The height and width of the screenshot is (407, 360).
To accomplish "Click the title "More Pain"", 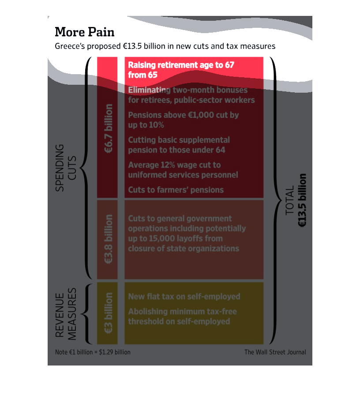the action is (85, 32).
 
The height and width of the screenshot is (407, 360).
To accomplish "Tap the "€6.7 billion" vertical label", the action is (109, 128).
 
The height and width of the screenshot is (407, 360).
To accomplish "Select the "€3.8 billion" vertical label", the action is (109, 239).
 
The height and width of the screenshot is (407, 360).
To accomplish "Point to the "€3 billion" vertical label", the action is (109, 313).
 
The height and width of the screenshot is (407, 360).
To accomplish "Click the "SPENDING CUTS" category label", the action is (66, 168).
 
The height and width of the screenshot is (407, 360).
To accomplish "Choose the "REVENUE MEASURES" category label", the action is (66, 314).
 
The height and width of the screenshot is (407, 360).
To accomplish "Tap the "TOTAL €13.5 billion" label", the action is (296, 200).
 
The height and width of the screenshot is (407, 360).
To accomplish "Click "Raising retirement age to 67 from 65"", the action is (181, 70).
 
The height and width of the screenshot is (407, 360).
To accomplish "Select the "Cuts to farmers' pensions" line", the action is (176, 190).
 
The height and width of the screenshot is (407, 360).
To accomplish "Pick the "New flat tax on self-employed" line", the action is (184, 297).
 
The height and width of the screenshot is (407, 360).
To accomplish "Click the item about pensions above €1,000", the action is (184, 120).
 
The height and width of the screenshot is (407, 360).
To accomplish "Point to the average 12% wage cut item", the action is (183, 170).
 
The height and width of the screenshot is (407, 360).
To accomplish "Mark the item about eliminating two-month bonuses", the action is (191, 95).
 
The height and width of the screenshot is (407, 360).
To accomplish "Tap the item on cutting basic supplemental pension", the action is (179, 145).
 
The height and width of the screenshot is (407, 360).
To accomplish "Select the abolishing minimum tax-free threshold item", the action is (182, 317).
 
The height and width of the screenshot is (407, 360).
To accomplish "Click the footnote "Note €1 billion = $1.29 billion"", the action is (93, 352).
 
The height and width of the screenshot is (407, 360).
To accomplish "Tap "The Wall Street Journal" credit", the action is (275, 352).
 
